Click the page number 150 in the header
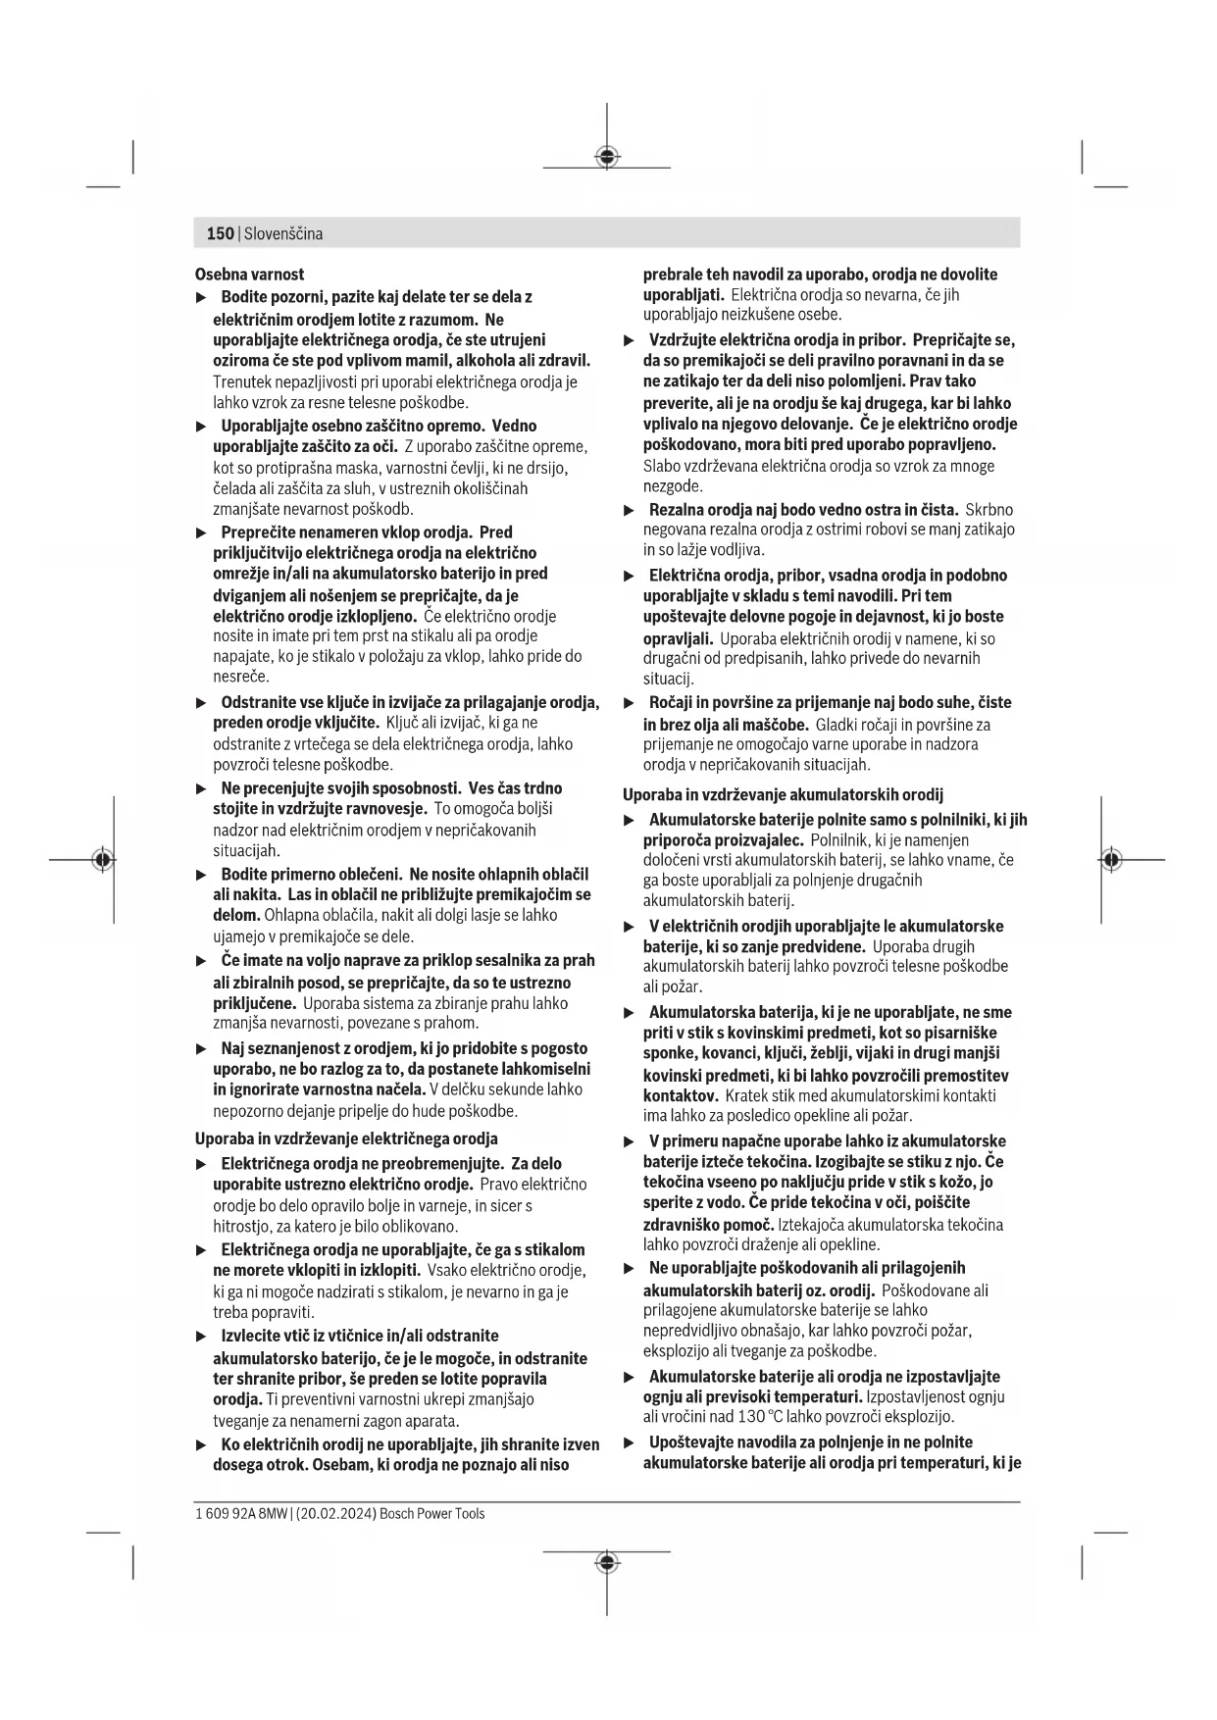point(220,233)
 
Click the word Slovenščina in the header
point(283,233)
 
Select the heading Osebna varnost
point(249,275)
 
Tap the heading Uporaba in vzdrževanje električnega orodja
point(346,1138)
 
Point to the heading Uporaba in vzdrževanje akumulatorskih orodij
point(783,794)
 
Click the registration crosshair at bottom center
point(607,1562)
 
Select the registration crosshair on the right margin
point(1110,860)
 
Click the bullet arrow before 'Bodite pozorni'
point(202,297)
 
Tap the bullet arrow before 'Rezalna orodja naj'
point(630,510)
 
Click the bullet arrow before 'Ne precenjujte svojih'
point(202,788)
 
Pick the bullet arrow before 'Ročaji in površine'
point(630,703)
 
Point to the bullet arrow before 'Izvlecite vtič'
point(202,1337)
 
